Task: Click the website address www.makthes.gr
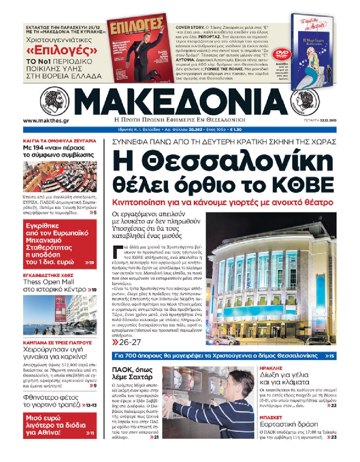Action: point(46,121)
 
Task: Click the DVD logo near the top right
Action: point(282,54)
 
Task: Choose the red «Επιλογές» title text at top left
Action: point(62,51)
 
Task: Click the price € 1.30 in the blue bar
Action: point(236,130)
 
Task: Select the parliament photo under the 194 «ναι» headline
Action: point(60,176)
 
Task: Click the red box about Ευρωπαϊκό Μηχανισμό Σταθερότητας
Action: point(60,244)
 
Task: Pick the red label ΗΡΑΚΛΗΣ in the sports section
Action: point(271,368)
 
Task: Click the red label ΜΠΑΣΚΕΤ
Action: point(271,417)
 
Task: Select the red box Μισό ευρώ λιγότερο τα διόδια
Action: point(60,425)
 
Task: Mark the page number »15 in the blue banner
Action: point(329,356)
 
